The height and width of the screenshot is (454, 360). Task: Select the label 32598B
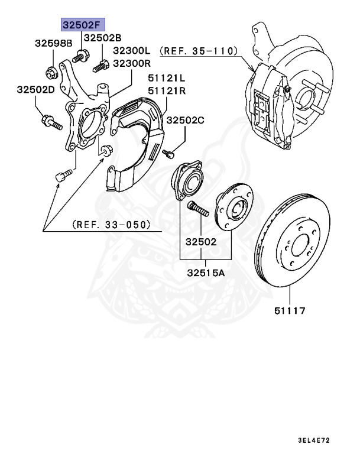53,43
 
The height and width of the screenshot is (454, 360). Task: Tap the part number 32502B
102,38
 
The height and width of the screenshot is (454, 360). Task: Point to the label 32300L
132,51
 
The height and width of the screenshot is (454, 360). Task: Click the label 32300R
132,63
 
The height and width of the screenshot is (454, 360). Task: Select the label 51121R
167,90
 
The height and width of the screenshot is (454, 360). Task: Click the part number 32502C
185,120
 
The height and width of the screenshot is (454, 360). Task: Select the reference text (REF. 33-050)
111,225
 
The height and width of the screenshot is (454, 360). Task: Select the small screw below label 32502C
168,154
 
